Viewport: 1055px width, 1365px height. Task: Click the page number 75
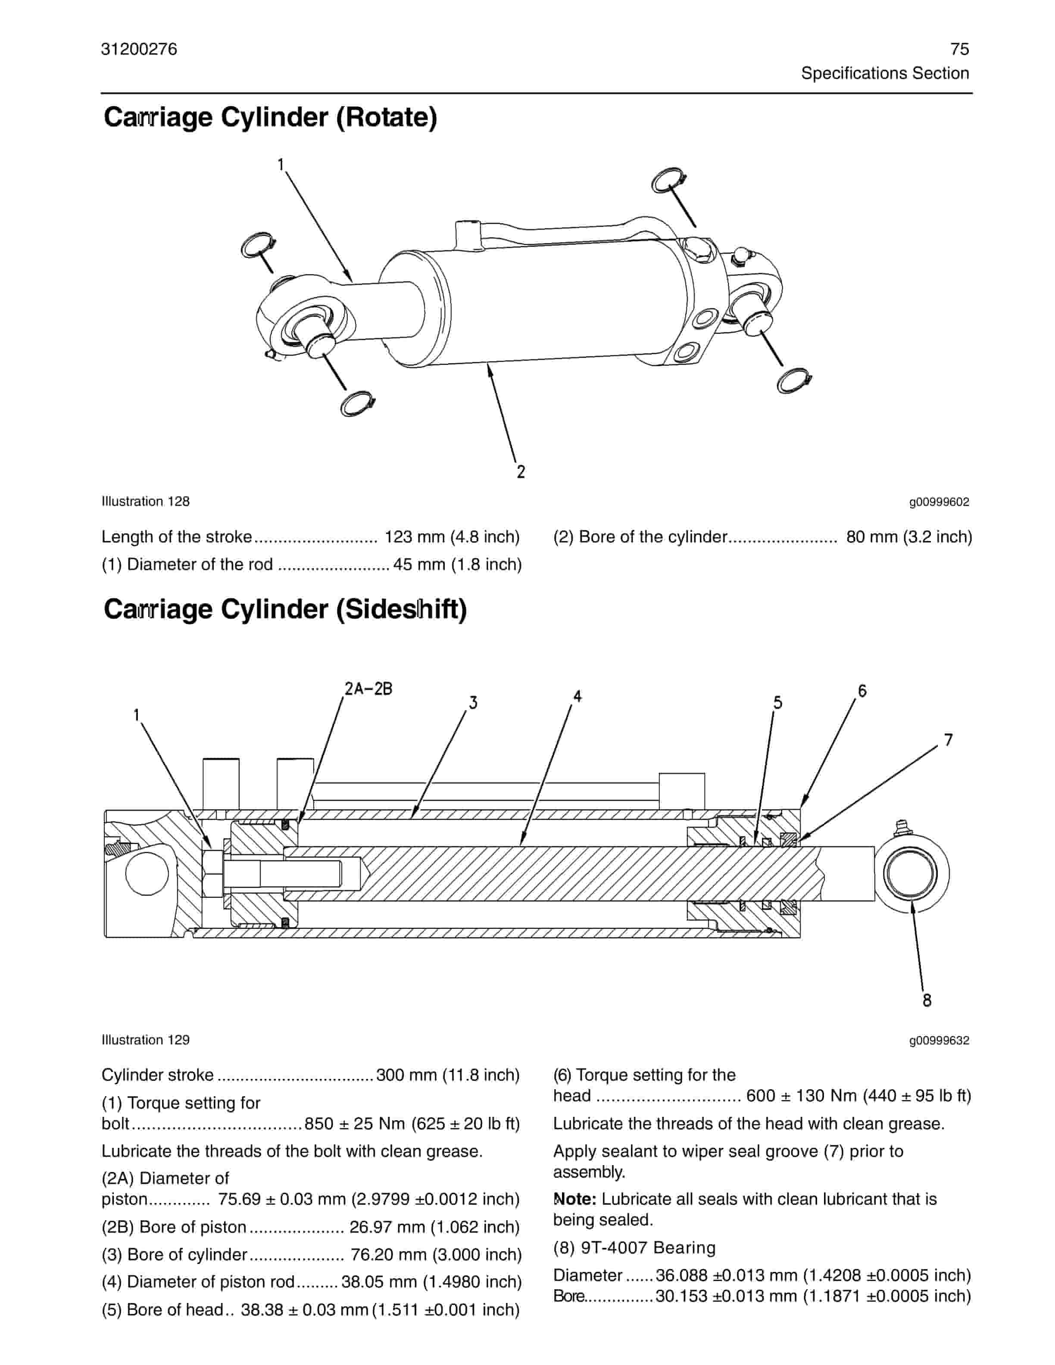pos(959,50)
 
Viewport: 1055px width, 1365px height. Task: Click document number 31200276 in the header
pos(139,50)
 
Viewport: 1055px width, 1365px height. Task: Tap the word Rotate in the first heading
pos(386,118)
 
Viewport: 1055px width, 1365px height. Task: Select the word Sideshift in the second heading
pos(401,609)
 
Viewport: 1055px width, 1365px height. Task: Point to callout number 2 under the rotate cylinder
pos(521,472)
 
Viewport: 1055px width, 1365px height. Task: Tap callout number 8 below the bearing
pos(927,1000)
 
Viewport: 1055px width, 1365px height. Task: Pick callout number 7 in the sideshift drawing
pos(948,740)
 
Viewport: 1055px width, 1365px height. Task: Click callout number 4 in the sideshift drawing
pos(577,696)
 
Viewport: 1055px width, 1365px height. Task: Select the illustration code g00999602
pos(939,502)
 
